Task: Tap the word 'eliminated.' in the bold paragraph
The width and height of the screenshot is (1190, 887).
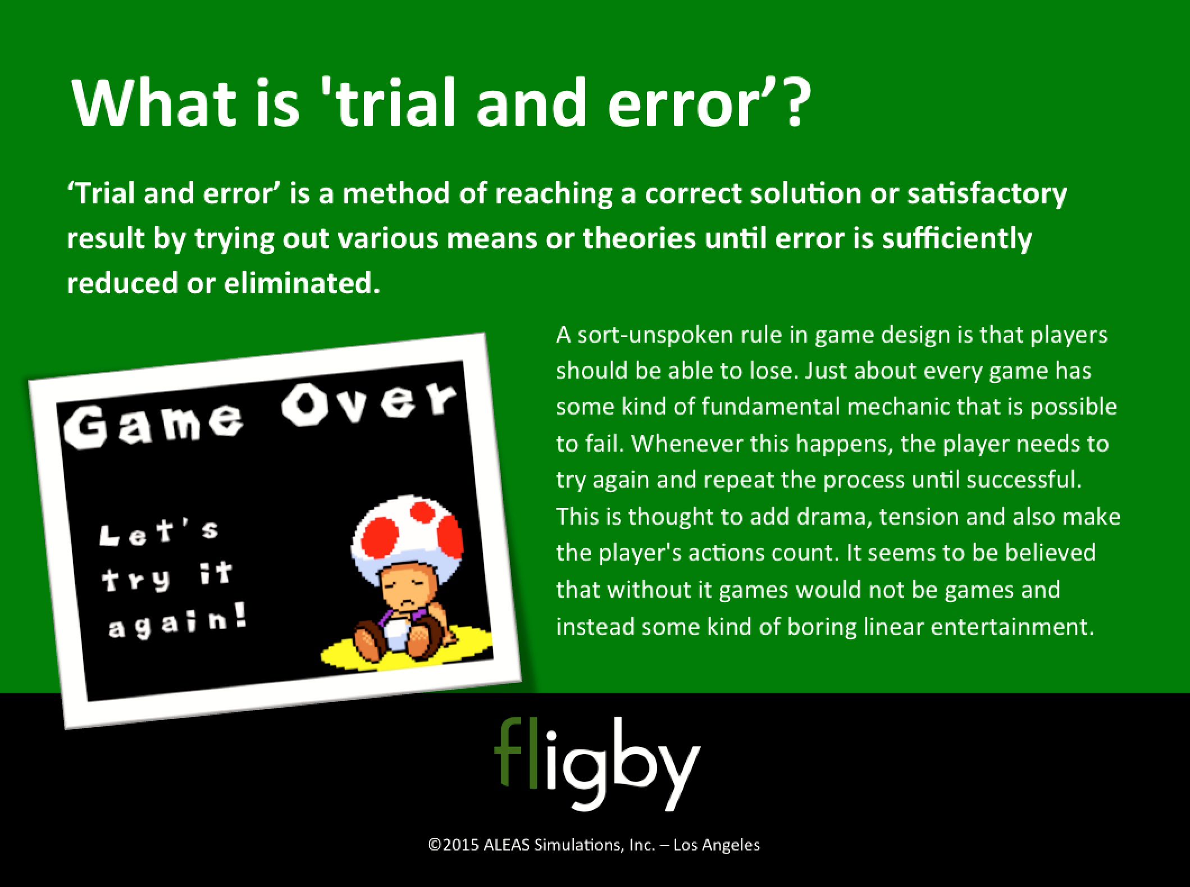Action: [x=302, y=283]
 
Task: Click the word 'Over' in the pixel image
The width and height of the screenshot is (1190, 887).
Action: [x=368, y=402]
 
